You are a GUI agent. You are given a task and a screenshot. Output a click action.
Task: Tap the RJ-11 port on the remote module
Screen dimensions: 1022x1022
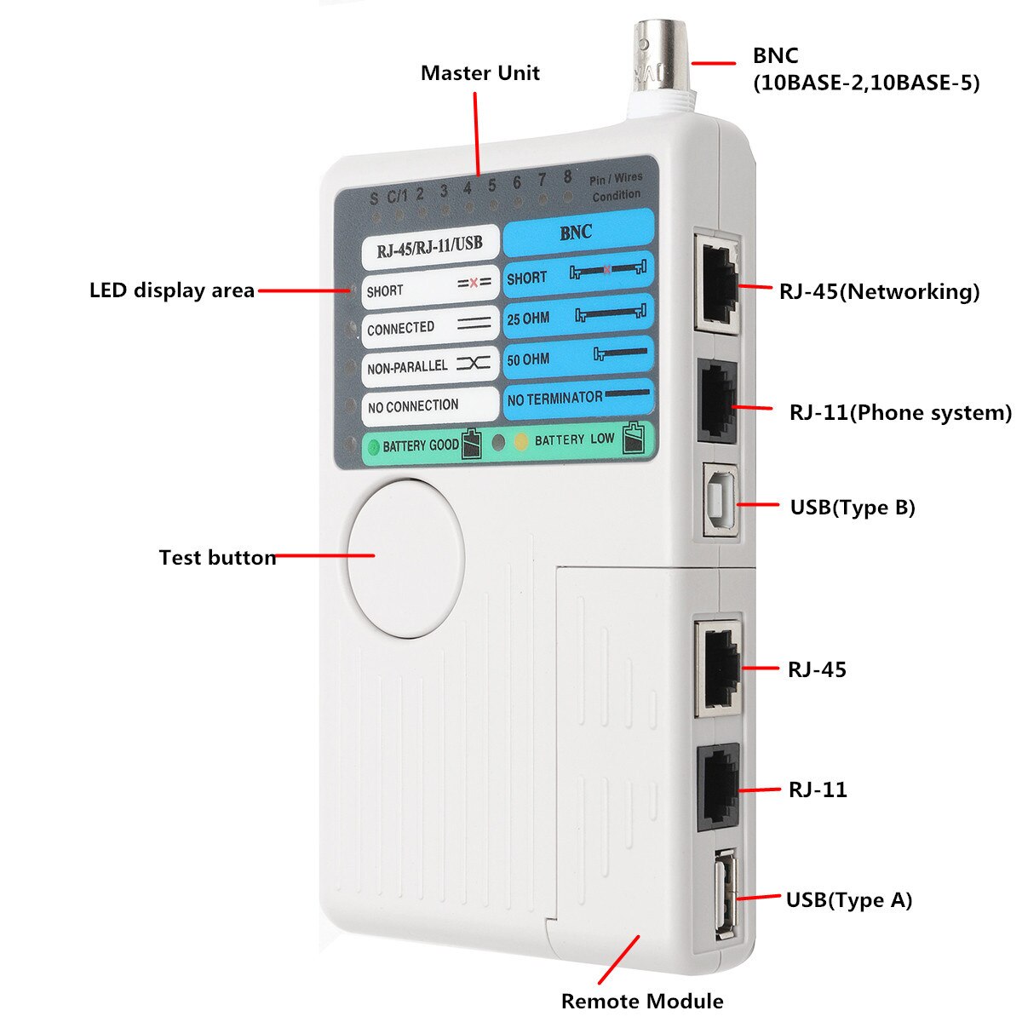tap(718, 787)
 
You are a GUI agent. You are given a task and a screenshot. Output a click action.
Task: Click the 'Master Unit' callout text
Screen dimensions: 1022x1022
tap(479, 73)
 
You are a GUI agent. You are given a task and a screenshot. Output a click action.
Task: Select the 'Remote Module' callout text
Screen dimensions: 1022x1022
tap(642, 1002)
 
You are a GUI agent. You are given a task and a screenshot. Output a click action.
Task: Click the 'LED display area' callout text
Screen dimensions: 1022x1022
tap(172, 290)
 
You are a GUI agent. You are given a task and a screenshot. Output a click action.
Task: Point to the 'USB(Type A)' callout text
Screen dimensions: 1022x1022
tap(848, 900)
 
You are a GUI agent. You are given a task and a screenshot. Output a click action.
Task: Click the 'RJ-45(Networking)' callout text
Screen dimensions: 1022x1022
tap(879, 292)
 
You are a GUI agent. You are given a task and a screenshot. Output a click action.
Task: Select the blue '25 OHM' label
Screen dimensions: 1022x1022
tap(577, 318)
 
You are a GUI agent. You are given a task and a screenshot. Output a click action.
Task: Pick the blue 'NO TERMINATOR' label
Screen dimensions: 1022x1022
tap(577, 398)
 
